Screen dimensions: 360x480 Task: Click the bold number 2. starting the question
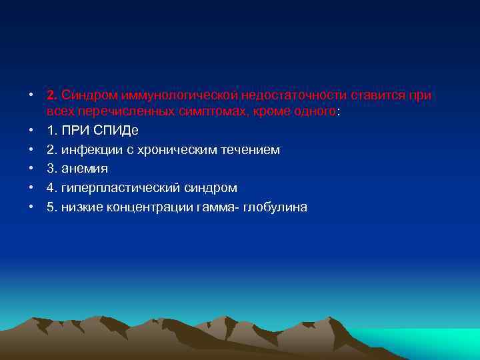53,95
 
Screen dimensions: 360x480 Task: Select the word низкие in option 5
82,207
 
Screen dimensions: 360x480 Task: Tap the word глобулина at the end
275,207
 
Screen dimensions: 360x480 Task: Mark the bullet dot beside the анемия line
31,169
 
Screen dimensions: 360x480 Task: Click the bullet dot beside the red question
31,95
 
